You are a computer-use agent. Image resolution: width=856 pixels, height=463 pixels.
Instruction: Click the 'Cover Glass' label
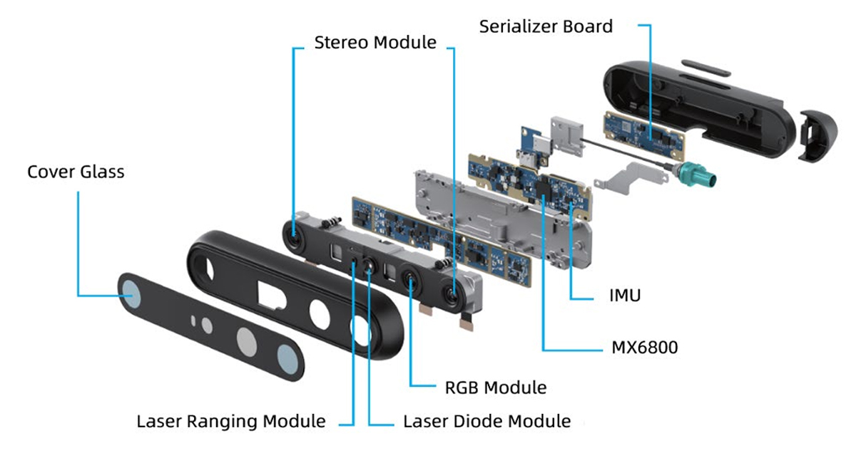pos(76,172)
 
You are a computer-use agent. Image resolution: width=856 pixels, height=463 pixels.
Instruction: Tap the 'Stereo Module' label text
pos(375,43)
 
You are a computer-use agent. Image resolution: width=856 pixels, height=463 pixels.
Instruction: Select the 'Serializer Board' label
pos(546,27)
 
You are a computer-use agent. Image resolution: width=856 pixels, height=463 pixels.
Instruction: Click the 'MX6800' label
pos(645,348)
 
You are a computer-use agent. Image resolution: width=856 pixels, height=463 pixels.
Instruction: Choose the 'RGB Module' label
pos(496,387)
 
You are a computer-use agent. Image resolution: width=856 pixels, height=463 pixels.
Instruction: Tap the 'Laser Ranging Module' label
pos(231,421)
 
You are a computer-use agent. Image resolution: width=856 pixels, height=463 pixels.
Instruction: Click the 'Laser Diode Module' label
pos(487,421)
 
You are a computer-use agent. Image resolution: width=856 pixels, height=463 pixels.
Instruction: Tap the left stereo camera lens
pos(294,232)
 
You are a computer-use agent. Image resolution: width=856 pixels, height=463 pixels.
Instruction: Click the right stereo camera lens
pos(453,292)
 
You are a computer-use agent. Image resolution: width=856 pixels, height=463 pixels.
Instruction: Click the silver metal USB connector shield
pos(566,135)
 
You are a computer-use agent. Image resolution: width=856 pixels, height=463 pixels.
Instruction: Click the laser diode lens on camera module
pos(370,266)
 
